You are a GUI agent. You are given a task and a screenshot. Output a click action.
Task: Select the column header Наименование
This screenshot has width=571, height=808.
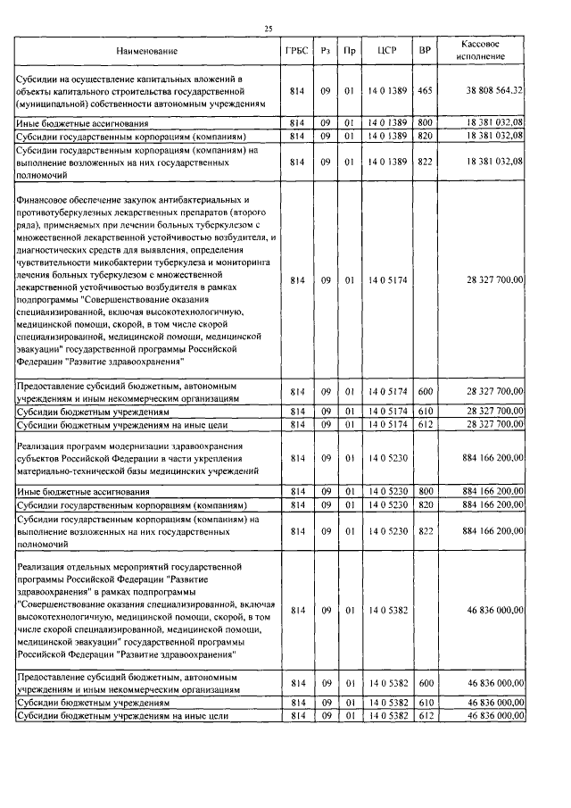pos(146,51)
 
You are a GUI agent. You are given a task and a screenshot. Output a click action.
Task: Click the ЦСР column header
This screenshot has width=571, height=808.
pos(386,51)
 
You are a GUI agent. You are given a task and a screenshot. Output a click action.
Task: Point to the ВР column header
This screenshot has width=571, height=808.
pos(425,51)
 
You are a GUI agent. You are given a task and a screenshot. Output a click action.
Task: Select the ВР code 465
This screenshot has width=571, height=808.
pos(425,90)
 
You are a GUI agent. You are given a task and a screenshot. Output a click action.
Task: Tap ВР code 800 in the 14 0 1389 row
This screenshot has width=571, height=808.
pos(425,121)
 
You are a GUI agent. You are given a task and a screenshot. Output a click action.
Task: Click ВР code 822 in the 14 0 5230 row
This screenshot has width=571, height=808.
pos(425,531)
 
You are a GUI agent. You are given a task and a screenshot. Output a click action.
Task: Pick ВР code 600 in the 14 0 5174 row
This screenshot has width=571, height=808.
pos(425,392)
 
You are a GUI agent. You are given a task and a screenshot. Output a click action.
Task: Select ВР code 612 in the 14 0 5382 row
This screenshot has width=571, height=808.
pos(425,716)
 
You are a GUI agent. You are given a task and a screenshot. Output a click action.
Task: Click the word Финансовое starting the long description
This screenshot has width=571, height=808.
pos(44,201)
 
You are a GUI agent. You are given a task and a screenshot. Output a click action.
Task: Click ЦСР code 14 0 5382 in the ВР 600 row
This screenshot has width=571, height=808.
pos(386,683)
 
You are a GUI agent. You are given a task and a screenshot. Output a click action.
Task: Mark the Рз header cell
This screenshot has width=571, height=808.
pos(327,51)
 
